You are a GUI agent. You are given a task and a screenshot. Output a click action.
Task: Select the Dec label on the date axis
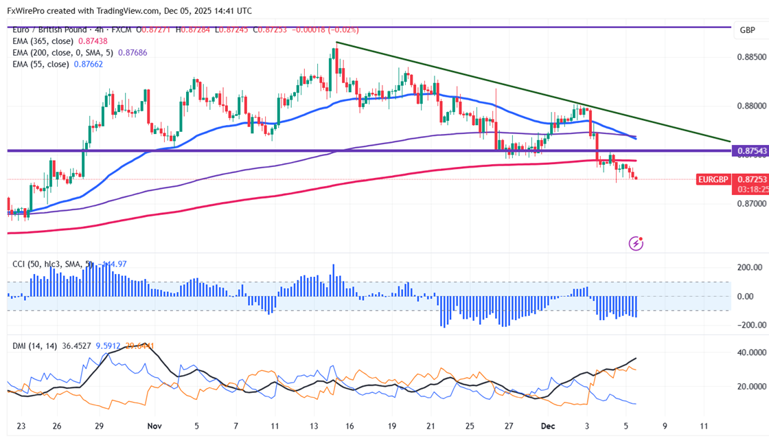coord(548,426)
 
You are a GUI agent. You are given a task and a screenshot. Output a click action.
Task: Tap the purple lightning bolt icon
coord(636,242)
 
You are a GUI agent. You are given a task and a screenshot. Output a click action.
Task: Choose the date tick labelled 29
coord(100,426)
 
